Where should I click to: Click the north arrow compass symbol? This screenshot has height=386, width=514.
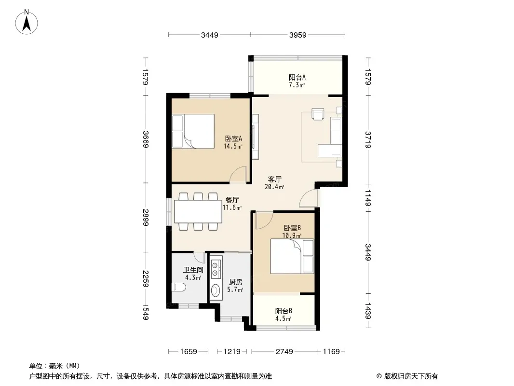tap(27, 22)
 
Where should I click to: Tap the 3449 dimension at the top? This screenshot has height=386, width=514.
tap(209, 35)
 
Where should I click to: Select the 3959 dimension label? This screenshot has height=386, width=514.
tap(298, 35)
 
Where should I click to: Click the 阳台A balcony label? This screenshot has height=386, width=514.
tap(297, 77)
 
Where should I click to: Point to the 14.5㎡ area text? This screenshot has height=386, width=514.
tap(233, 146)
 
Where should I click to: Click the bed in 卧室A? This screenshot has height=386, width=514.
tap(193, 131)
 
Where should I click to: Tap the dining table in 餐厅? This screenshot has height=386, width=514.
tap(198, 211)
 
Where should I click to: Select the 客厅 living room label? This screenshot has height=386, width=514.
tap(274, 179)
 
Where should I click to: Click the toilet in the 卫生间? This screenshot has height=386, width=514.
tap(179, 288)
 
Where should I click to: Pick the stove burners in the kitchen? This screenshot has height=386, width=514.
tap(216, 268)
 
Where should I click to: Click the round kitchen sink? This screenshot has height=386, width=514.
tap(216, 290)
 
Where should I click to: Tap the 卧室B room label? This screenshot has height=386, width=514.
tap(292, 228)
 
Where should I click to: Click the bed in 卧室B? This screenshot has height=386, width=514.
tap(292, 256)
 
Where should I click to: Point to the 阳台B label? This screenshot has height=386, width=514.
tap(284, 311)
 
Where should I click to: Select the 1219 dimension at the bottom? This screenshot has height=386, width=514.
tap(232, 352)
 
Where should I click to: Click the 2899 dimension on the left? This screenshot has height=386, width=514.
tap(146, 218)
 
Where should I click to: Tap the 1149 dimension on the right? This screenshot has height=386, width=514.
tap(367, 198)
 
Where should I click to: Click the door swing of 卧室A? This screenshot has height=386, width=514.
tap(238, 174)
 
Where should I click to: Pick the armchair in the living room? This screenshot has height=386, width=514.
tap(318, 114)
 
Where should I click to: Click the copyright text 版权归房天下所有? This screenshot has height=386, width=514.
tap(410, 376)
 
